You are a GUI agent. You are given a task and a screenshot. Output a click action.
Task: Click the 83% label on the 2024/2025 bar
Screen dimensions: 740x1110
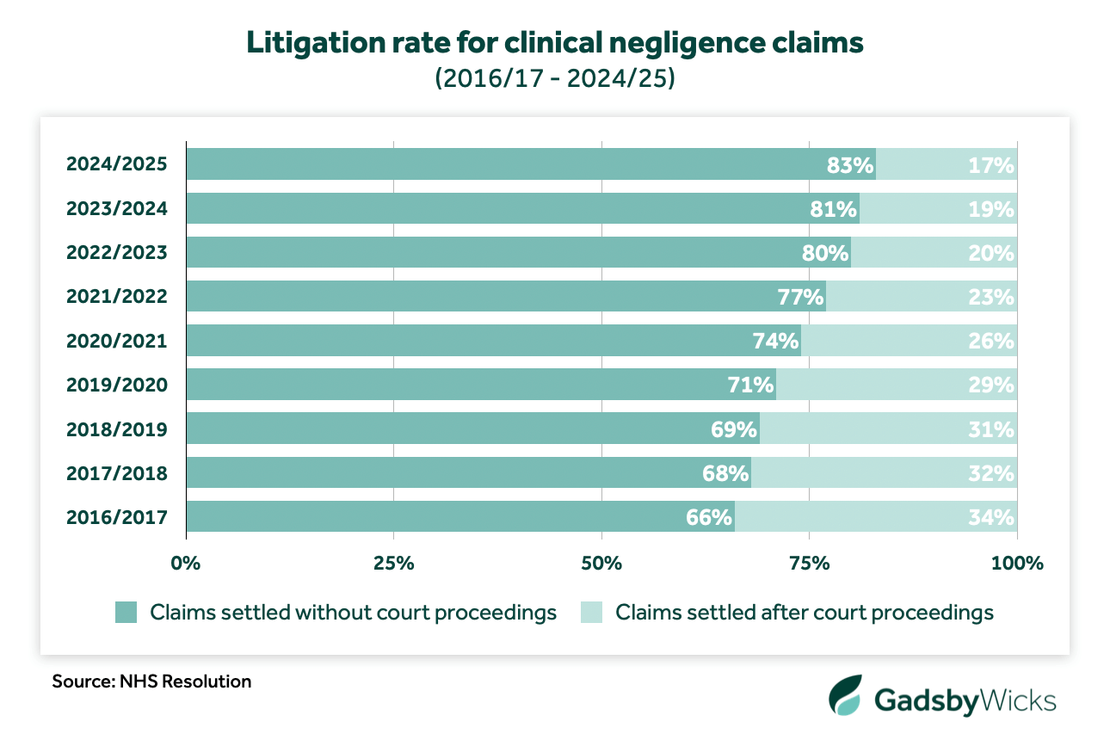850,164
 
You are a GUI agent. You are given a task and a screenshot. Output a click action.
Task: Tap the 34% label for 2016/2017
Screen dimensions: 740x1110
991,517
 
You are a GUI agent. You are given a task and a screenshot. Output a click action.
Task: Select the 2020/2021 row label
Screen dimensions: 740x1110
116,341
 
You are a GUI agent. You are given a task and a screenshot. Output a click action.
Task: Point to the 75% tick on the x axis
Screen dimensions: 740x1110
809,564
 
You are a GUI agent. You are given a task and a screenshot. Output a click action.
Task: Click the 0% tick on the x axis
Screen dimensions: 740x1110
186,564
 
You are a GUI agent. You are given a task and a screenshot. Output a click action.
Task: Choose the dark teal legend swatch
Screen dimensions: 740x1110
126,613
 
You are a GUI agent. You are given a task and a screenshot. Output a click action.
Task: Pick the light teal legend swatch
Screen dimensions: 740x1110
593,613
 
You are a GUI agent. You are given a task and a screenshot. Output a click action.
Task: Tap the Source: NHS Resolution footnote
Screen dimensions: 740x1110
151,681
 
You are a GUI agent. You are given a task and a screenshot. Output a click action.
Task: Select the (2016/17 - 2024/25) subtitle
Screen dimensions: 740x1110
554,79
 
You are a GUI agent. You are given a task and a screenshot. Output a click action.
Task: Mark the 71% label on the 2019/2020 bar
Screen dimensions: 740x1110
750,385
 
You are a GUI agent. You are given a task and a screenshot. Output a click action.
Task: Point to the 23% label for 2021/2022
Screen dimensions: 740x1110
991,297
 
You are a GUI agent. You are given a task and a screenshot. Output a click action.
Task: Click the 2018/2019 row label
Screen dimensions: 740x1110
116,429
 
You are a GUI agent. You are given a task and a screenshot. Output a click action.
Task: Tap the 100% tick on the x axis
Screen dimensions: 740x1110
1017,564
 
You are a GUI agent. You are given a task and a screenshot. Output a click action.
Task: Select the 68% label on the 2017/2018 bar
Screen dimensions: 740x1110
725,473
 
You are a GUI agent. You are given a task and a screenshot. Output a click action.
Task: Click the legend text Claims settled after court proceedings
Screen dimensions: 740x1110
805,613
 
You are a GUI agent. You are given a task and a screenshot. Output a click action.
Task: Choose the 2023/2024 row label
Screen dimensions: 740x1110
116,208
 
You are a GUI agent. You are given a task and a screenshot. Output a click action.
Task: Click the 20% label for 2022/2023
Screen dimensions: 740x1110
991,253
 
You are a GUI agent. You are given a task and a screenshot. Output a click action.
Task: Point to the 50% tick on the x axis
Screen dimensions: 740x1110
601,564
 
